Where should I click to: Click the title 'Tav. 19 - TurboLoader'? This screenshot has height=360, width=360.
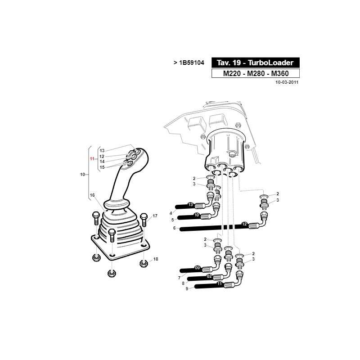(255, 63)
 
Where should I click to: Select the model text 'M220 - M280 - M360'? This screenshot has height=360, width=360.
(256, 73)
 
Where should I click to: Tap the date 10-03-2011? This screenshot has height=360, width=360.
(287, 82)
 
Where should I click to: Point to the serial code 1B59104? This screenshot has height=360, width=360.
(192, 63)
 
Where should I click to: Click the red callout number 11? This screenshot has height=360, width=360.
(92, 159)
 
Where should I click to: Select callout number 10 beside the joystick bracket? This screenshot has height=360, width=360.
(82, 175)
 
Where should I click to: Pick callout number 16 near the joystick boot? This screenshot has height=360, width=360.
(92, 195)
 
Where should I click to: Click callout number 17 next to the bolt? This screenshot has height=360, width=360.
(155, 216)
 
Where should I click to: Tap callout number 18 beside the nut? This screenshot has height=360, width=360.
(156, 259)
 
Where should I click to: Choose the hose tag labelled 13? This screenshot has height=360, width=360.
(190, 205)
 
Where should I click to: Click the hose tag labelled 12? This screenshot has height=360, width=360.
(244, 224)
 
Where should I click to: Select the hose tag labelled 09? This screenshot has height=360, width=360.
(198, 268)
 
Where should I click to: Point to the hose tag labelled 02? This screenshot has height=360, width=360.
(209, 276)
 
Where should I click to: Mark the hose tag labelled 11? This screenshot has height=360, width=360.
(220, 284)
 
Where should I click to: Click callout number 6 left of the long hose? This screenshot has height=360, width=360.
(174, 228)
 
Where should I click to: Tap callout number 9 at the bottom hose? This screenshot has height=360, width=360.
(187, 288)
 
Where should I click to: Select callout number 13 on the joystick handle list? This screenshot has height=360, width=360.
(102, 151)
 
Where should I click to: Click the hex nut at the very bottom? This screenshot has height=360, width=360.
(112, 273)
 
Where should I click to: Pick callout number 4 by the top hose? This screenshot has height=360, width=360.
(171, 213)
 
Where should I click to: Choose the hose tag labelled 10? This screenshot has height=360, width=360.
(197, 215)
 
